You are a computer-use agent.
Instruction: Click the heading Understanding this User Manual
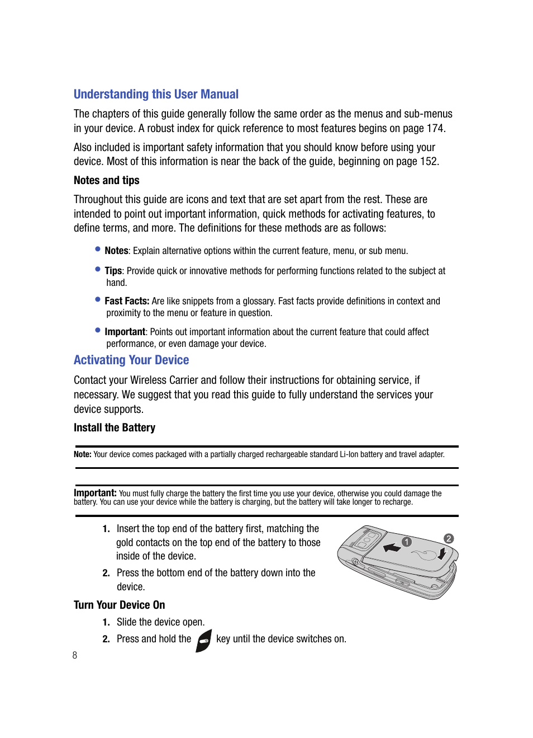(156, 95)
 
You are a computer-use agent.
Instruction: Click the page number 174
(435, 129)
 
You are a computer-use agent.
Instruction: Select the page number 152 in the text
(428, 162)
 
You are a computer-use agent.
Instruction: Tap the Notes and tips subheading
(106, 181)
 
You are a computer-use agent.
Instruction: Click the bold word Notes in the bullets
(116, 251)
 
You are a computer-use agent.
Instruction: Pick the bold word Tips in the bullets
(113, 271)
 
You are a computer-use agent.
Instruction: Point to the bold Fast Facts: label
(127, 301)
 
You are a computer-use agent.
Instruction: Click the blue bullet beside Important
(98, 330)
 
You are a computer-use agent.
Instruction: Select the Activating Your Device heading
(131, 360)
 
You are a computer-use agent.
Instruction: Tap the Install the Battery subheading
(115, 428)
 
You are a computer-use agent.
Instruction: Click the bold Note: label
(82, 454)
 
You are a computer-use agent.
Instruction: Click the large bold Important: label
(95, 493)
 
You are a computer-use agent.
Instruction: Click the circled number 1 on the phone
(407, 542)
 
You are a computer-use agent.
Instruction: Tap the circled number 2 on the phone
(448, 538)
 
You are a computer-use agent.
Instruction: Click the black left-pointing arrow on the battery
(392, 547)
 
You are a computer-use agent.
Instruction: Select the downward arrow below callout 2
(441, 554)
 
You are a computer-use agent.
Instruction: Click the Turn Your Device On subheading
(119, 605)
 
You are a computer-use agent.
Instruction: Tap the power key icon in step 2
(204, 641)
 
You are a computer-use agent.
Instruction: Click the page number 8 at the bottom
(75, 655)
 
